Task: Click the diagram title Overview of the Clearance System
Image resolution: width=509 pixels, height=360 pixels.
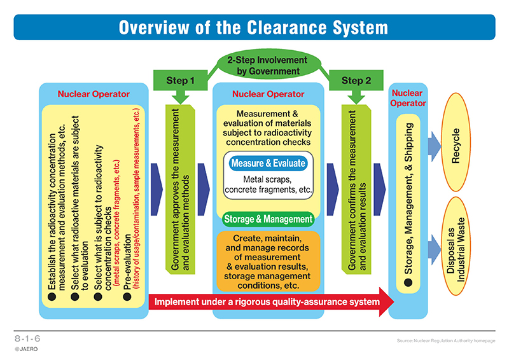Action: coord(253,27)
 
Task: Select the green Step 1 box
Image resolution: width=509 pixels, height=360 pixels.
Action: coord(181,80)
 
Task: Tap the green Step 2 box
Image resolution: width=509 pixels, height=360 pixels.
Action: coord(356,80)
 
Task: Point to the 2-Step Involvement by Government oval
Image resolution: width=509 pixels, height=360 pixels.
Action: coord(267,66)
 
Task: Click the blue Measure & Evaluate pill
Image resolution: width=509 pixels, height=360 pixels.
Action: coord(268,163)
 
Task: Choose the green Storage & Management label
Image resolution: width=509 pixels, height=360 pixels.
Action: coord(268,219)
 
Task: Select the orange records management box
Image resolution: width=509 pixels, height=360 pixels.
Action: coord(268,261)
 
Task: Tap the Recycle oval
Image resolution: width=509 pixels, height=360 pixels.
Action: coord(456,142)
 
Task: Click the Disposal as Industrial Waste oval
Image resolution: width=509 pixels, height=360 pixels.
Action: coord(456,246)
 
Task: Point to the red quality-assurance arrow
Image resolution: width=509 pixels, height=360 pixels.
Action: coord(272,301)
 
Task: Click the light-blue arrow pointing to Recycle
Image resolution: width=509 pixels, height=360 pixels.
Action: coord(435,146)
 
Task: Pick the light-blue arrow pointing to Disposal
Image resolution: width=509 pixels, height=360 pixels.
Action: coord(435,250)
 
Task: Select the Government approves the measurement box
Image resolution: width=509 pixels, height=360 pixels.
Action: coord(180,190)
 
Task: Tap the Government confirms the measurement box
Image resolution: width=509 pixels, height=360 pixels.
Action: coord(356,190)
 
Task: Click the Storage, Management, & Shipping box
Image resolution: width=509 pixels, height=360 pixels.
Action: coord(408,204)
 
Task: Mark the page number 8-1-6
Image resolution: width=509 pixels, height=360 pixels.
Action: coord(27,338)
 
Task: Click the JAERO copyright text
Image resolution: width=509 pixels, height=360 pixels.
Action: coord(26,349)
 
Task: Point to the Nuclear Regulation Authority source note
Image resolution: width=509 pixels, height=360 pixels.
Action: coord(446,340)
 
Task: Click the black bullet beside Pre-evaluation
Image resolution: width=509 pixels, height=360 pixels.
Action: coord(127,296)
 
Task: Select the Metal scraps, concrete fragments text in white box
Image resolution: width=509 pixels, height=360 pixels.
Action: coord(268,184)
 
